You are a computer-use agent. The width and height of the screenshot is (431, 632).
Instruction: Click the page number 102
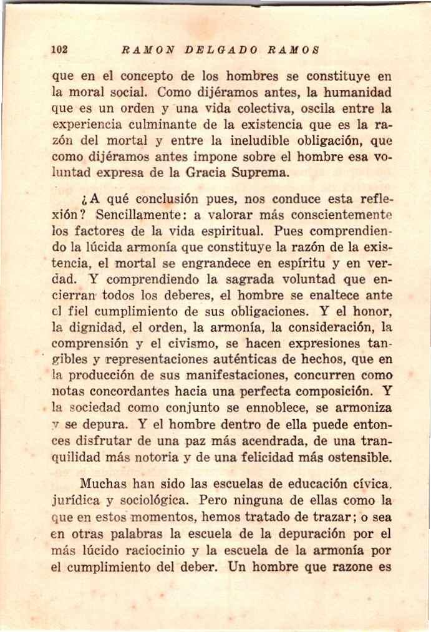[61, 49]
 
